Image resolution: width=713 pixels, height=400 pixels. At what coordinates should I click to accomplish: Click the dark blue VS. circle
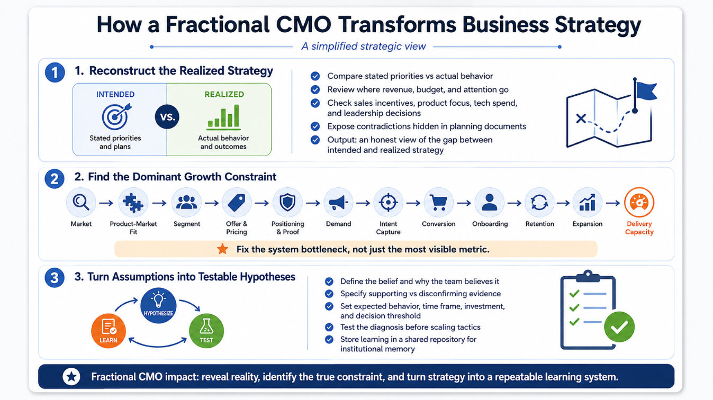pos(167,117)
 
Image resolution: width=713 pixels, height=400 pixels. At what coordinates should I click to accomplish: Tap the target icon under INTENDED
pos(116,116)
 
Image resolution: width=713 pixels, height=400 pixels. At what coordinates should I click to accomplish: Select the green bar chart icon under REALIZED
pos(223,117)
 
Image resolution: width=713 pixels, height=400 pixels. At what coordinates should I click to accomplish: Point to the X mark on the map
pos(581,119)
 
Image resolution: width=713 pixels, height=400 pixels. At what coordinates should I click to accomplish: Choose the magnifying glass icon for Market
pos(81,203)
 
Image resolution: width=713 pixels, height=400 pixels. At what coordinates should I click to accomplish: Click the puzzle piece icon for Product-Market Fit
pos(133,203)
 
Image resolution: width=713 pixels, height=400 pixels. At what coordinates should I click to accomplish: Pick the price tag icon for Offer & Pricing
pos(237,203)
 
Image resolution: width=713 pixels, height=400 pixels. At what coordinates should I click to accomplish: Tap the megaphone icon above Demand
pos(338,203)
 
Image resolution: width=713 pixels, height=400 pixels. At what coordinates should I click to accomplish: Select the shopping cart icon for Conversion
pos(439,203)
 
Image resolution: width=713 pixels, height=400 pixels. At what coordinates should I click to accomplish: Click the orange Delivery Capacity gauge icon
pos(639,203)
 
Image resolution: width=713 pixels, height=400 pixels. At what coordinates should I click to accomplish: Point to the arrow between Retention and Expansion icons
pos(563,203)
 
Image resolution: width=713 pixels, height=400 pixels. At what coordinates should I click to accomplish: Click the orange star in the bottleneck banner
pos(222,249)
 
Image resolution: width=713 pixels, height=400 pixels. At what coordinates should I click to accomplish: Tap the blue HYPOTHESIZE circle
pos(158,305)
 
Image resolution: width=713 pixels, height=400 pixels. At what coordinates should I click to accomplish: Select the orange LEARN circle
pos(109,331)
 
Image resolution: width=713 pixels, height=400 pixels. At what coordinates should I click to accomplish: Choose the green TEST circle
pos(206,331)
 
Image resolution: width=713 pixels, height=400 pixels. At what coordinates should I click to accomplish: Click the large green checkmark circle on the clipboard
pos(619,327)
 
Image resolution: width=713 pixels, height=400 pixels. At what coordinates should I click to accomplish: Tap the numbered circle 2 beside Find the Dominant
pos(55,178)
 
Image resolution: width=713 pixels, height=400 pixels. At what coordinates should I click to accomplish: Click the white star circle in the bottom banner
pos(71,377)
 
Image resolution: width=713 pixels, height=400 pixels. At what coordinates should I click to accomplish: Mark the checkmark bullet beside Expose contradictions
pos(315,126)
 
